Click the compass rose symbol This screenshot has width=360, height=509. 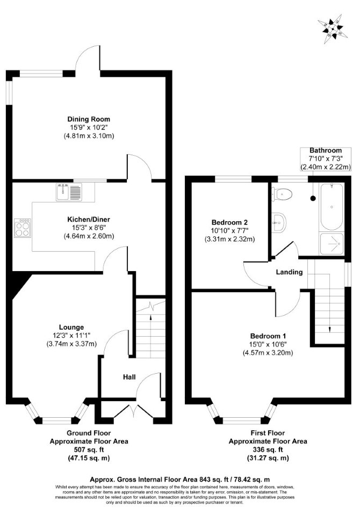(x=333, y=29)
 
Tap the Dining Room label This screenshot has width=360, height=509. (x=89, y=119)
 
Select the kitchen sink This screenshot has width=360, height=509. (x=69, y=192)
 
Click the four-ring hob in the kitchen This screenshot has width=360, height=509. (x=23, y=229)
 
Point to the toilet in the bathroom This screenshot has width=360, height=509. (x=282, y=194)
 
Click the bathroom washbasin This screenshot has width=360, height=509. (x=278, y=222)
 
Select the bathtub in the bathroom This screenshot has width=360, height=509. (x=332, y=207)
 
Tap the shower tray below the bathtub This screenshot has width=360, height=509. (x=332, y=243)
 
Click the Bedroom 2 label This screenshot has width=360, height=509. (x=229, y=222)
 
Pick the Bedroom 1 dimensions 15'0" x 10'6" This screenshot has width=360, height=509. (x=268, y=344)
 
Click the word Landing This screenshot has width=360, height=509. (x=289, y=272)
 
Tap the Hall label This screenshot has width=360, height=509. (x=129, y=377)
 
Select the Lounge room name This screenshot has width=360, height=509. (x=71, y=327)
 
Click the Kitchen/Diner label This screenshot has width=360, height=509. (x=89, y=220)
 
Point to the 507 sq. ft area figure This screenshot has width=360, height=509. (x=89, y=450)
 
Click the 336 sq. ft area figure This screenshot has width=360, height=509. (x=268, y=450)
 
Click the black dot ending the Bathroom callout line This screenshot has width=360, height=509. (x=313, y=198)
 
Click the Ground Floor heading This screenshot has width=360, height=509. (x=89, y=433)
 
